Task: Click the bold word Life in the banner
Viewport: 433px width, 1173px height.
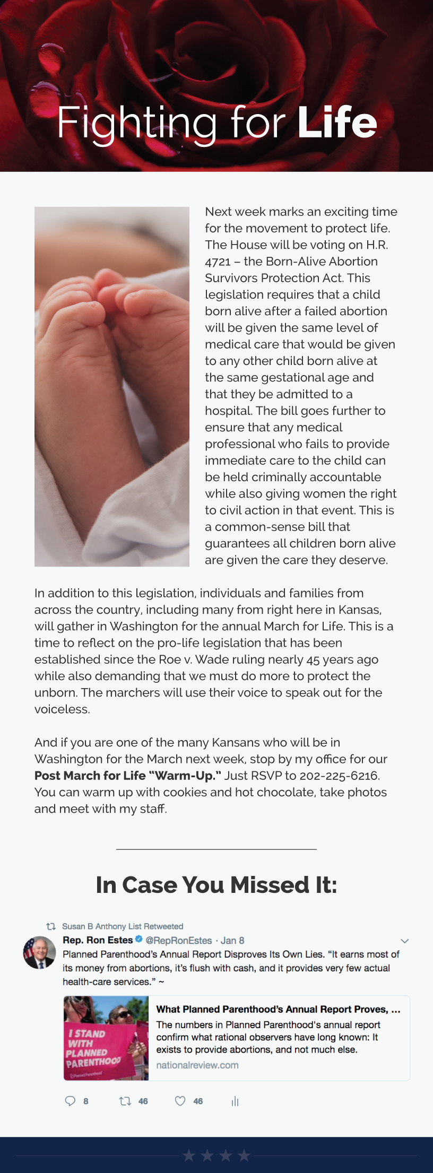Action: [337, 123]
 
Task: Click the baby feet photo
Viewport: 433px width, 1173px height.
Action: [112, 386]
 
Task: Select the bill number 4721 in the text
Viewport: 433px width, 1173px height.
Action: [218, 262]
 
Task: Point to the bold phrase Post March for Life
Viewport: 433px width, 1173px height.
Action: [90, 776]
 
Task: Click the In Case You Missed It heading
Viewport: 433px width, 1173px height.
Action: [216, 885]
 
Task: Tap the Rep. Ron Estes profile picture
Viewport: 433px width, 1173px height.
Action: [39, 952]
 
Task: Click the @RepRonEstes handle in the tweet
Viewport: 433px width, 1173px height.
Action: [179, 941]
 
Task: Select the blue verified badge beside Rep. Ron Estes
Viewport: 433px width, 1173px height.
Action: [139, 940]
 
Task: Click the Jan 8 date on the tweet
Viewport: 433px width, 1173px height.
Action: [232, 941]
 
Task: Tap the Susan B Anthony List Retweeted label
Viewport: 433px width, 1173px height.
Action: [123, 926]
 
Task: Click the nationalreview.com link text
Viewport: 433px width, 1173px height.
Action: [197, 1065]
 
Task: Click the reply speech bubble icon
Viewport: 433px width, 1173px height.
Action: [70, 1101]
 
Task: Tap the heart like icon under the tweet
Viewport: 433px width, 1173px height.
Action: [180, 1101]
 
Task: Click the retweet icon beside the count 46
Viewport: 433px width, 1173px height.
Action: [125, 1101]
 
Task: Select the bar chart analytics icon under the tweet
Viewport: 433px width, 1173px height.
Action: [235, 1101]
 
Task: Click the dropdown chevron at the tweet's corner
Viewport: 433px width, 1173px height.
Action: [404, 941]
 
